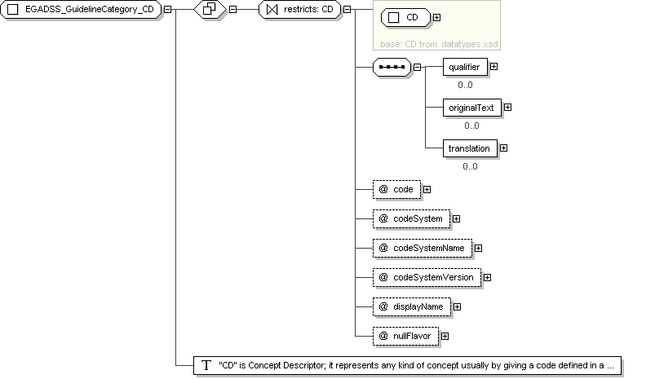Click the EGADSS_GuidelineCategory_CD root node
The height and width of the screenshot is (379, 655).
pos(81,9)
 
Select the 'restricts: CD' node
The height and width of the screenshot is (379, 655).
pos(300,9)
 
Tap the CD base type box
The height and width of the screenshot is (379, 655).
pos(405,18)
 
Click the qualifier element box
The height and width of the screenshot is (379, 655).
pos(465,67)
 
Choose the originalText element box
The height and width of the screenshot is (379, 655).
pos(472,108)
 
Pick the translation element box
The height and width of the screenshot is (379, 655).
pos(470,148)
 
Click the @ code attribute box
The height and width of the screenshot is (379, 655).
pos(396,189)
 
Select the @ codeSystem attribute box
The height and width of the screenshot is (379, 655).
pos(411,218)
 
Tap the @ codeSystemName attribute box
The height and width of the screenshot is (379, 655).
pos(423,248)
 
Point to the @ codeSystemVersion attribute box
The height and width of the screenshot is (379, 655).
pos(427,278)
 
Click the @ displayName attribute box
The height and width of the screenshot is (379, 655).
pos(412,306)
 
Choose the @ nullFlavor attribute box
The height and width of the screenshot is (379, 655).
pos(405,336)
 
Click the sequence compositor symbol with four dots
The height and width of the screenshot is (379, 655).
pos(392,67)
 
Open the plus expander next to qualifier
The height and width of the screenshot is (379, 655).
pos(493,67)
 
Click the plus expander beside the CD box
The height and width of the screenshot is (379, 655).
pos(436,18)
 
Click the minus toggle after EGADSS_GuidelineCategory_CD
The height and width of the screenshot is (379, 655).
pos(167,9)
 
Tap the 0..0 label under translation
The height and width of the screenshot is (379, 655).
pos(470,166)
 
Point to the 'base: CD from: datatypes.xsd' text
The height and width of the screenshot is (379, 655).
pos(439,44)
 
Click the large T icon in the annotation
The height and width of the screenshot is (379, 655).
pos(206,366)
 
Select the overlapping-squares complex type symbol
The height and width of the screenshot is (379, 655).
pos(210,9)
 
